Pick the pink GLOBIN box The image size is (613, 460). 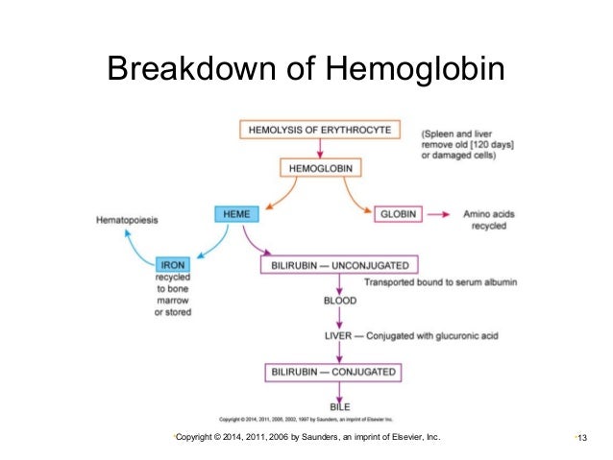click(397, 214)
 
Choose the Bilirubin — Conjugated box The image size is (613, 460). click(331, 372)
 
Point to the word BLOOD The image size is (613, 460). click(340, 301)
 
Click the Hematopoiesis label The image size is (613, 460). click(127, 220)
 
